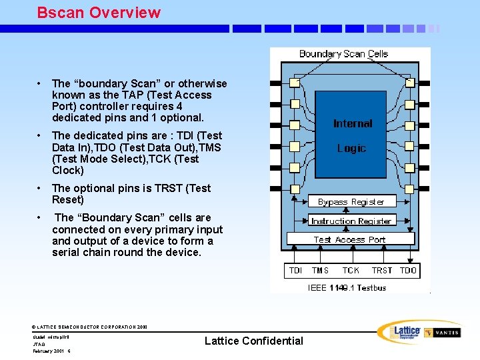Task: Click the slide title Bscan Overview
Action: pyautogui.click(x=99, y=12)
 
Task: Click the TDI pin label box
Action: pyautogui.click(x=295, y=270)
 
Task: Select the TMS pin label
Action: pyautogui.click(x=320, y=270)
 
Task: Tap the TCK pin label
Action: pyautogui.click(x=351, y=270)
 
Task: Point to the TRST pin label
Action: pyautogui.click(x=382, y=270)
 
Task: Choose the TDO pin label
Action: pyautogui.click(x=408, y=270)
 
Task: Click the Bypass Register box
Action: pyautogui.click(x=351, y=201)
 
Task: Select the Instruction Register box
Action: pyautogui.click(x=351, y=220)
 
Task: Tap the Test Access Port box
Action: pyautogui.click(x=350, y=239)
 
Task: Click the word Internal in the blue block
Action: pyautogui.click(x=353, y=123)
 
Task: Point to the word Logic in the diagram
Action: pyautogui.click(x=351, y=148)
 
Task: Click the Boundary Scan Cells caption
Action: pyautogui.click(x=343, y=54)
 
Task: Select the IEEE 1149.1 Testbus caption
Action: pyautogui.click(x=347, y=288)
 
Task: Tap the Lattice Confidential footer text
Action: pyautogui.click(x=253, y=341)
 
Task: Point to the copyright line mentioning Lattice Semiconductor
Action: pyautogui.click(x=90, y=327)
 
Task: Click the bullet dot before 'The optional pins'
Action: pyautogui.click(x=41, y=188)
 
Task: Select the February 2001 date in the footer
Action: pyautogui.click(x=49, y=351)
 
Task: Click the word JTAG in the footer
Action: pyautogui.click(x=39, y=344)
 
